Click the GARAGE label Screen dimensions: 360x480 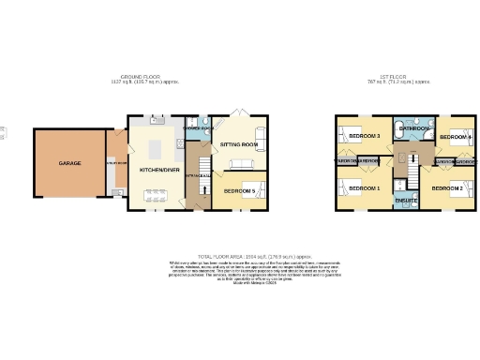tap(69, 163)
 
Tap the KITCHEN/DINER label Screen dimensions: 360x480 tap(158, 169)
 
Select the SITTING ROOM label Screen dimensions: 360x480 tap(239, 145)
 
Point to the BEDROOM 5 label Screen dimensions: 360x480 tap(241, 190)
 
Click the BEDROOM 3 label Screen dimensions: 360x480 tap(365, 137)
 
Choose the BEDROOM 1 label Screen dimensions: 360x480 tap(365, 188)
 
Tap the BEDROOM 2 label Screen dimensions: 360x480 tap(447, 188)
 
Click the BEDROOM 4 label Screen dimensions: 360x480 tap(456, 138)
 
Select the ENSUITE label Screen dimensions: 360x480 tap(406, 201)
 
